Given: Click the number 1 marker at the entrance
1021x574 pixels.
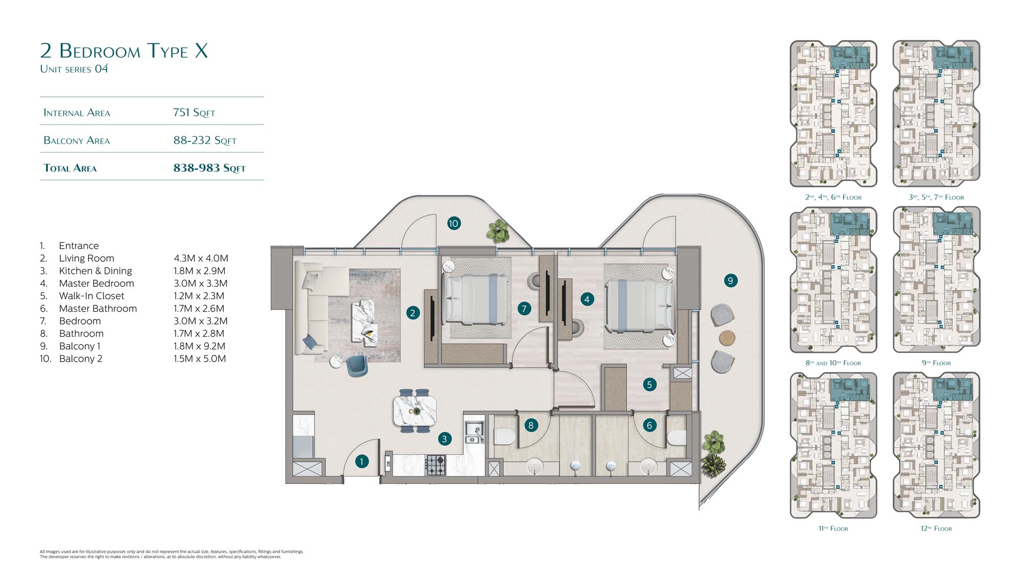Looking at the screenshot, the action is click(361, 462).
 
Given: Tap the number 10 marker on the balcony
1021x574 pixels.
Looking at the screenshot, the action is click(454, 223).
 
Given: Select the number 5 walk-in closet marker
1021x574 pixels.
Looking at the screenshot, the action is click(649, 385).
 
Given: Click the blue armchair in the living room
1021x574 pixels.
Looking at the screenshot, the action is click(356, 365).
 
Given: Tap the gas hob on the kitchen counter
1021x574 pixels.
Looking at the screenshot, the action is click(435, 465).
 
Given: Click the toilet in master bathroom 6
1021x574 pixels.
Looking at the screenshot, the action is click(676, 438).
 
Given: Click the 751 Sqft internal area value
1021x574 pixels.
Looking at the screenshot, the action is click(194, 112).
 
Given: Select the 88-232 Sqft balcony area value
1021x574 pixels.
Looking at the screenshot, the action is click(205, 140).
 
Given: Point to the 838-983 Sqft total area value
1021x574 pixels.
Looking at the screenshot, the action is click(209, 168).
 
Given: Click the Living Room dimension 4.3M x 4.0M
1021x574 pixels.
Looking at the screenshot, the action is click(201, 258).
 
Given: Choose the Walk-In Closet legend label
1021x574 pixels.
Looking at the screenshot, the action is click(91, 296).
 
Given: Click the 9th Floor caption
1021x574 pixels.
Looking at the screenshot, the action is click(936, 363).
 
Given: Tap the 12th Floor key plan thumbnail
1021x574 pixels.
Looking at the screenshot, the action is click(936, 445).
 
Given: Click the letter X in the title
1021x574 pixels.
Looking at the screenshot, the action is click(202, 51).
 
